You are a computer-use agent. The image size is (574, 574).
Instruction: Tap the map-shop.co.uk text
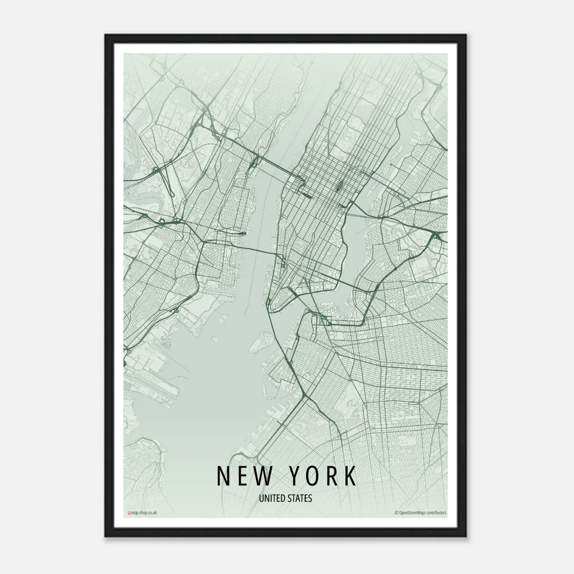(144, 513)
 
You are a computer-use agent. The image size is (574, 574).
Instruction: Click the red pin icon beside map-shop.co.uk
(129, 513)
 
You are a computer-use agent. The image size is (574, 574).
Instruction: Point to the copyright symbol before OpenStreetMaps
(397, 513)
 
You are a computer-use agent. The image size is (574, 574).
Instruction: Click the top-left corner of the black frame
(106, 35)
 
